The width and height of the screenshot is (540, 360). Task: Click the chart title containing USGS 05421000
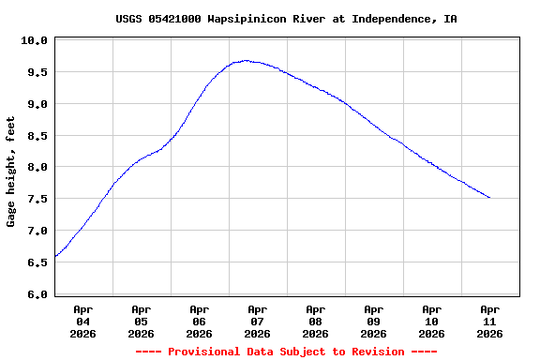pos(286,19)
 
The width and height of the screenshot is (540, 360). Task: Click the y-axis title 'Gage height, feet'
pos(11,172)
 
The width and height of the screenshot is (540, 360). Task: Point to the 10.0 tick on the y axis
pos(34,40)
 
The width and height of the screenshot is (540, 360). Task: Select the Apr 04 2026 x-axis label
pos(83,321)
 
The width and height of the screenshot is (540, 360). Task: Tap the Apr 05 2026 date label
pos(142,321)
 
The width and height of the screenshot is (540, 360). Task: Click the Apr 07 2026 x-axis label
pos(258,321)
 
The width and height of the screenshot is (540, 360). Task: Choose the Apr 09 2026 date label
pos(374,321)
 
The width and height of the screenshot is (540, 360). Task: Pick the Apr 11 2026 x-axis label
pos(490,321)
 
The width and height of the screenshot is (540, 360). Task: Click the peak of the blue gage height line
pos(246,61)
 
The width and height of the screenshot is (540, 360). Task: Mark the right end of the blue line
pos(489,198)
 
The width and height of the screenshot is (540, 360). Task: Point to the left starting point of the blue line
pos(55,256)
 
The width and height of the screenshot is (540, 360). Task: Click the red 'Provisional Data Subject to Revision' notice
pos(286,352)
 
